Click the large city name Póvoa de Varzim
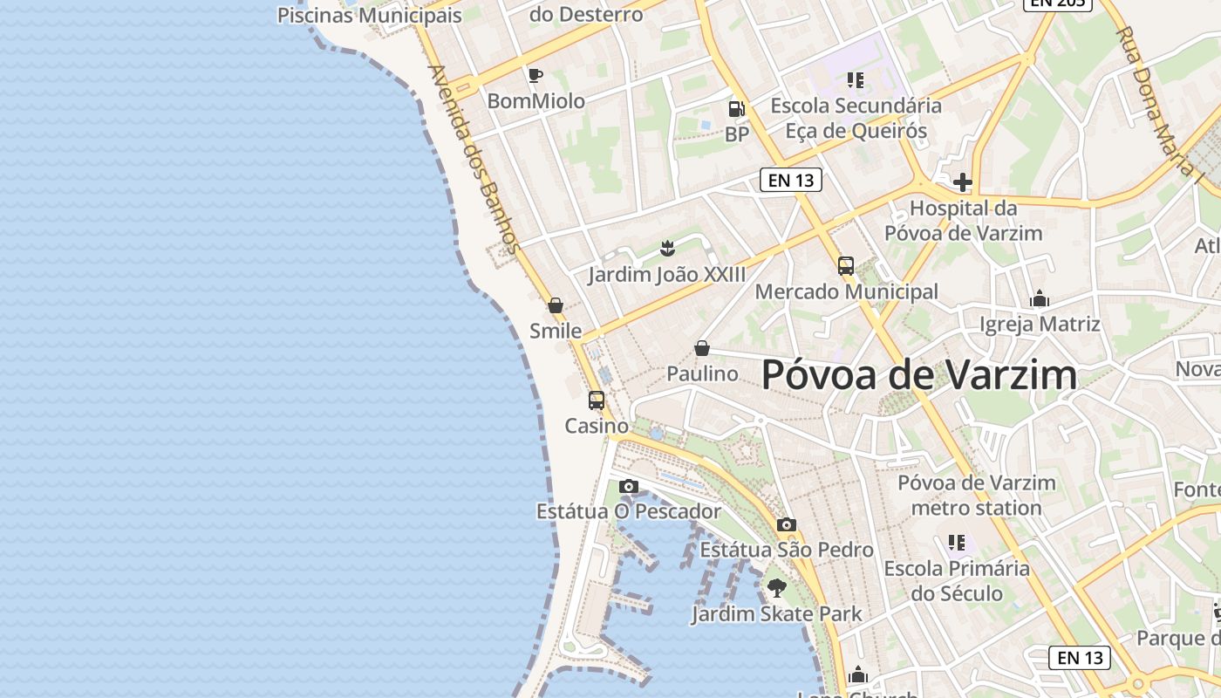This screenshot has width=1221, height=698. tap(919, 375)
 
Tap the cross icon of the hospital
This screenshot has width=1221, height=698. tap(963, 182)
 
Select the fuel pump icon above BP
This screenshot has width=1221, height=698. tap(737, 109)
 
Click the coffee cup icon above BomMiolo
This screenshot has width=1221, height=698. tap(535, 76)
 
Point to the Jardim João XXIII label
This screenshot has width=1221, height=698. tap(667, 275)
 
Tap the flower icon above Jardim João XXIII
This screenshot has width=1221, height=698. tap(668, 248)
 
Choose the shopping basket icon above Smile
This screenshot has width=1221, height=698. tap(556, 305)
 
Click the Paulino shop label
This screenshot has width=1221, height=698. tap(702, 373)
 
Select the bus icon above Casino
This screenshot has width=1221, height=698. tap(597, 400)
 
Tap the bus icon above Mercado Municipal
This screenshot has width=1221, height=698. tap(846, 266)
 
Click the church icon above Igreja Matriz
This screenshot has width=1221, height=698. tap(1040, 299)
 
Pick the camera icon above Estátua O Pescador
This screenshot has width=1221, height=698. tap(628, 486)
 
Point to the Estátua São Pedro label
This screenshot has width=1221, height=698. tap(787, 550)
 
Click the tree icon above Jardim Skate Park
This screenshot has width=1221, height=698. tap(776, 587)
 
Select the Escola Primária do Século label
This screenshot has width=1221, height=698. tap(957, 581)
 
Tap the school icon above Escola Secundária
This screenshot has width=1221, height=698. tap(856, 80)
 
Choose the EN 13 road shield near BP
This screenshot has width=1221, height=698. tap(791, 181)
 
